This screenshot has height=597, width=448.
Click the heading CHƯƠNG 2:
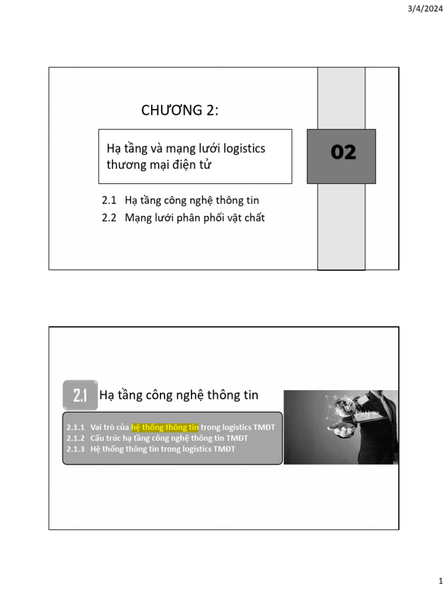tap(180, 110)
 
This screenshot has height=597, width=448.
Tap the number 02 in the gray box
tap(343, 153)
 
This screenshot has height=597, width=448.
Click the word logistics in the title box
tap(244, 149)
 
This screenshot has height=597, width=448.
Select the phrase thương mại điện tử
tap(159, 165)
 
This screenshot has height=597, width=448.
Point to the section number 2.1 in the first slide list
tap(109, 201)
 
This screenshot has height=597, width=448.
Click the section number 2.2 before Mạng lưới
tap(109, 218)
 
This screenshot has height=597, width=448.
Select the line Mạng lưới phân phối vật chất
tap(194, 218)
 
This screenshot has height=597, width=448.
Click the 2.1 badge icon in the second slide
tap(80, 396)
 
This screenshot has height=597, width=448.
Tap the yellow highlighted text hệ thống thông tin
tap(165, 427)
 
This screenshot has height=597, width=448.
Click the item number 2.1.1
tap(76, 427)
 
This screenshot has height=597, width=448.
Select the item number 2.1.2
tap(76, 438)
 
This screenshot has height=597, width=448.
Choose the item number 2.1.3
tap(76, 448)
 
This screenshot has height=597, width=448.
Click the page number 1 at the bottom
tap(440, 581)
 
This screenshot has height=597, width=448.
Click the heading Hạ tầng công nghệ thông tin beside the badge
tap(179, 395)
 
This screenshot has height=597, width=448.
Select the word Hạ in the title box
tap(112, 149)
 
